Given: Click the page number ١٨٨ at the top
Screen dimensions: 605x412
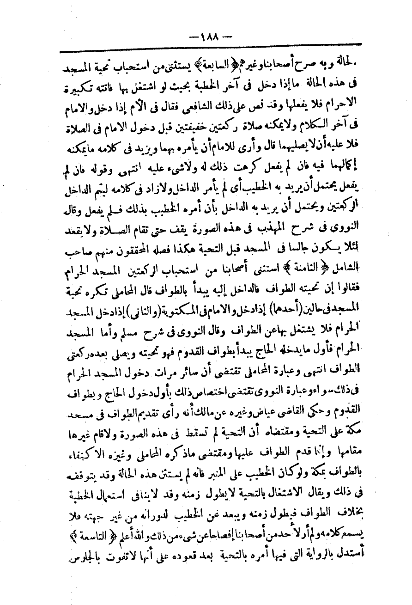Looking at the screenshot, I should [209, 35].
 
